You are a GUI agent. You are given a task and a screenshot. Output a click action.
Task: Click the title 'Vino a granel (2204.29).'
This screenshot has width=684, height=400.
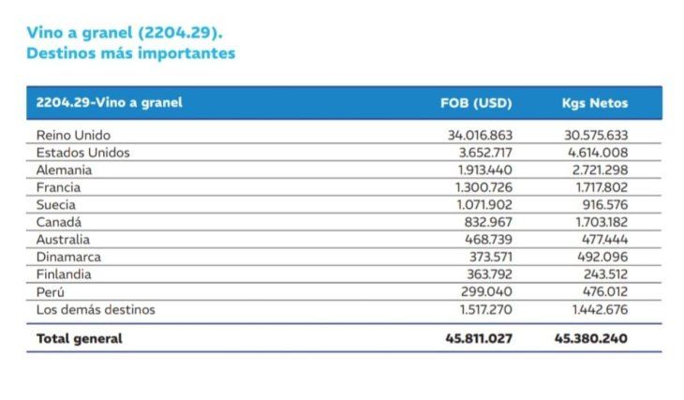click(x=125, y=33)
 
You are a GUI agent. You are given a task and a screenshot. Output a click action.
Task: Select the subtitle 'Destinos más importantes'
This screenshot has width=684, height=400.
click(x=130, y=53)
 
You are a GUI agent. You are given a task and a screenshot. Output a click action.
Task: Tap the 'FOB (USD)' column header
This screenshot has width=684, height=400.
click(x=476, y=103)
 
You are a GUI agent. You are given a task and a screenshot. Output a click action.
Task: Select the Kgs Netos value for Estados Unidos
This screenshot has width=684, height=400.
click(x=593, y=153)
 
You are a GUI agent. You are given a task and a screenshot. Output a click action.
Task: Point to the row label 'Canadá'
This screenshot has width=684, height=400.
click(x=59, y=222)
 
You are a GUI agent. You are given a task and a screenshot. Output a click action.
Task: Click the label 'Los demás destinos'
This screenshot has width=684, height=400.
click(x=96, y=309)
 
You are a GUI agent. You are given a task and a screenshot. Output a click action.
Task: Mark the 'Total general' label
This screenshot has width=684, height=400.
click(x=79, y=338)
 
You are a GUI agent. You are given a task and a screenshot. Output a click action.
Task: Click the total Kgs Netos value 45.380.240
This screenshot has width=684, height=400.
click(x=589, y=338)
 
